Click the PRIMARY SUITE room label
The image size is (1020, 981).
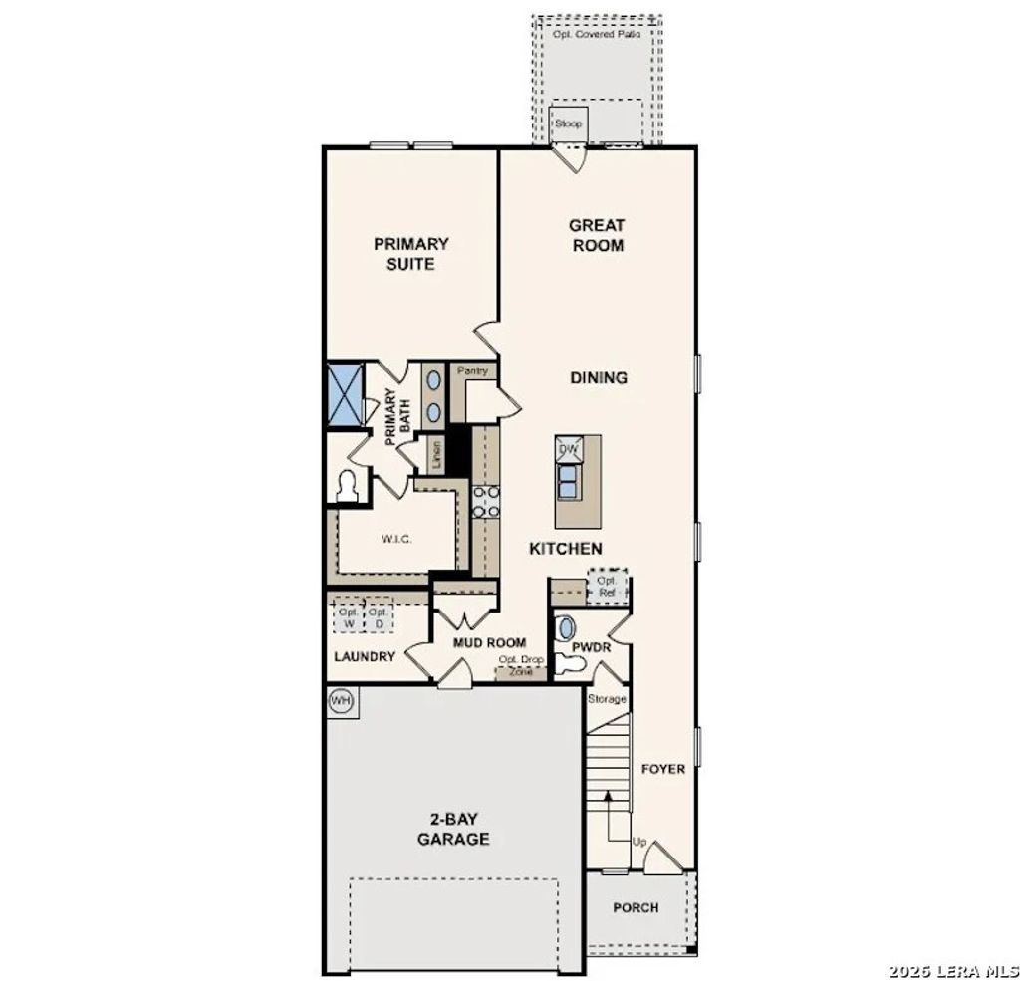pyautogui.click(x=411, y=253)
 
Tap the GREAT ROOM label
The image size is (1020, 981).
pyautogui.click(x=598, y=235)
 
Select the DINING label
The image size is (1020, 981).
pyautogui.click(x=599, y=377)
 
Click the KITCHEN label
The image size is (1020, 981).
pyautogui.click(x=565, y=548)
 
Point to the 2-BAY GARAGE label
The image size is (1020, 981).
pyautogui.click(x=452, y=829)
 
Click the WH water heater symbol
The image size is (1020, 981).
pyautogui.click(x=342, y=701)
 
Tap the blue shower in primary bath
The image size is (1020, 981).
pyautogui.click(x=345, y=395)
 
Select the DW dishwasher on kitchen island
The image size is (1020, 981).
pyautogui.click(x=569, y=450)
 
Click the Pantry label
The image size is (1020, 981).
pyautogui.click(x=471, y=371)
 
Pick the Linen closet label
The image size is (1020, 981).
pyautogui.click(x=436, y=455)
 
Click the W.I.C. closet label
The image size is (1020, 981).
pyautogui.click(x=396, y=539)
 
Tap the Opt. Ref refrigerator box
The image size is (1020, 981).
pyautogui.click(x=607, y=587)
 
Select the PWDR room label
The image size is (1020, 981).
pyautogui.click(x=590, y=646)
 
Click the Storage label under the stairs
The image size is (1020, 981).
pyautogui.click(x=607, y=699)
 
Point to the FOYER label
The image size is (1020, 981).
pyautogui.click(x=662, y=769)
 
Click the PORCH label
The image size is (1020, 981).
pyautogui.click(x=636, y=907)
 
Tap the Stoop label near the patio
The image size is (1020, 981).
pyautogui.click(x=568, y=124)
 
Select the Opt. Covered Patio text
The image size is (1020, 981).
pyautogui.click(x=598, y=34)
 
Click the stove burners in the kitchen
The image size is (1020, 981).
pyautogui.click(x=486, y=502)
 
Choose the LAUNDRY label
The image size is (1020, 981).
pyautogui.click(x=365, y=656)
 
